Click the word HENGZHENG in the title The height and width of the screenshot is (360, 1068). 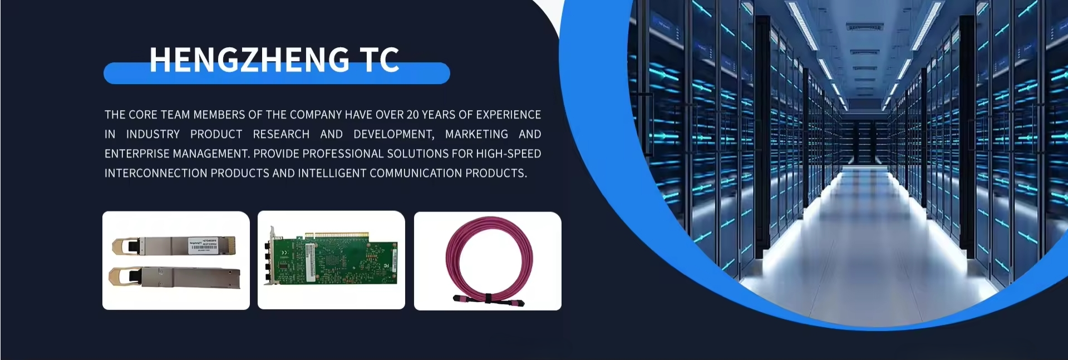249,60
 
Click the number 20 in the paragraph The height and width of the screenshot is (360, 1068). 412,115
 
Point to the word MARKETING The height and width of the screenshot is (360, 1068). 476,134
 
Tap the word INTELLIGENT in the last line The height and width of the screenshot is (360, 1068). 332,173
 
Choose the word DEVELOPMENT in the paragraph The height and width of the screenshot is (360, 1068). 393,134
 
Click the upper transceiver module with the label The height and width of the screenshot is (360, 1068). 175,245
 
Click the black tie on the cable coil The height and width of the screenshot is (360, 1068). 486,299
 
